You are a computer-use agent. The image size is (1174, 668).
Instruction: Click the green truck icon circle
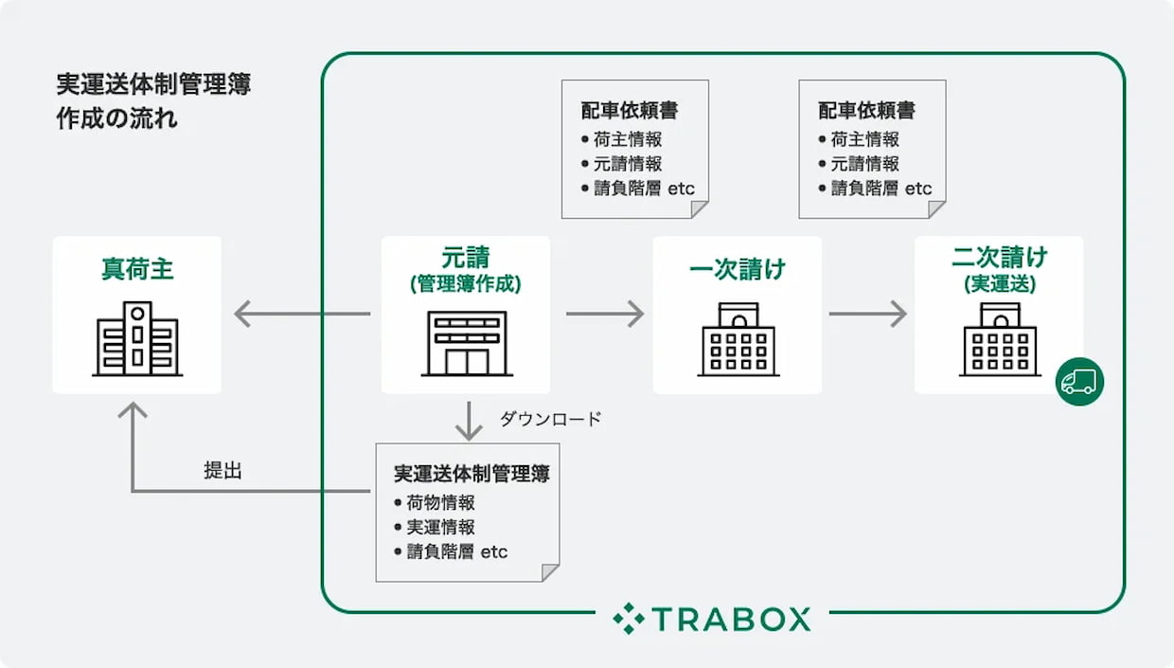coord(1079,382)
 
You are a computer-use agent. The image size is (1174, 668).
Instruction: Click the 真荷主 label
coord(137,269)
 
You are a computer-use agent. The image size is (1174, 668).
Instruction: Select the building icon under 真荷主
coord(137,338)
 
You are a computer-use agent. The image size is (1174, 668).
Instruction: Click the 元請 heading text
coord(465,258)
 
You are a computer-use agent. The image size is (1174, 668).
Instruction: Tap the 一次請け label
coord(738,269)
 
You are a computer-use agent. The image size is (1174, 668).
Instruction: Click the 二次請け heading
coord(999,258)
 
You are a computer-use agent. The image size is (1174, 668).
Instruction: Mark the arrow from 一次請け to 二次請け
coord(867,314)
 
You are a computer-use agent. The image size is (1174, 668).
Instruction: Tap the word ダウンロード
coord(550,419)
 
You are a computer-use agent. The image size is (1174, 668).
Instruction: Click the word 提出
coord(222,470)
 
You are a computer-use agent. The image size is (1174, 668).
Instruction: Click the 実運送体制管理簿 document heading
coord(471,474)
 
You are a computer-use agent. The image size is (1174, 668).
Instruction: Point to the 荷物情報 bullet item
coord(440,502)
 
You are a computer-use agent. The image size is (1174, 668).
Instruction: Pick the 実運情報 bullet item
coord(440,527)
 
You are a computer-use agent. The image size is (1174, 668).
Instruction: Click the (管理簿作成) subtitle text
coord(465,283)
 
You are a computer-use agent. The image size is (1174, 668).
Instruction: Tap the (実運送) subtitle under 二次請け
coord(999,282)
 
